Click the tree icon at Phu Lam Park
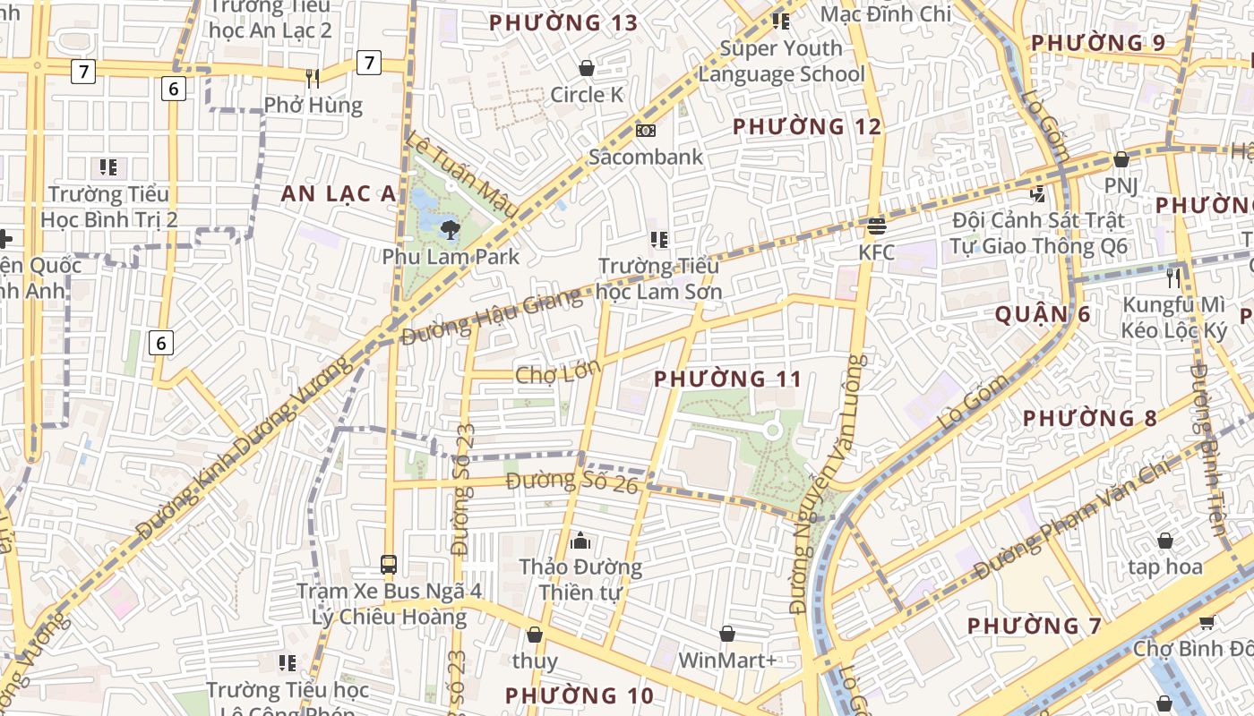pyautogui.click(x=450, y=230)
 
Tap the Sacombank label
pyautogui.click(x=646, y=157)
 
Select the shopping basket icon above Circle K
pyautogui.click(x=587, y=68)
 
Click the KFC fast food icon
pyautogui.click(x=876, y=225)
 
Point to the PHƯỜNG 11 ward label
pyautogui.click(x=727, y=379)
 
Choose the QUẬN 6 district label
pyautogui.click(x=1044, y=314)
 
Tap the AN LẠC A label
pyautogui.click(x=338, y=193)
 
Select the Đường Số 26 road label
pyautogui.click(x=571, y=482)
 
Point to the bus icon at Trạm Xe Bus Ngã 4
pyautogui.click(x=389, y=565)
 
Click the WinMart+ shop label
pyautogui.click(x=727, y=661)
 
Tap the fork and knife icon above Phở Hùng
pyautogui.click(x=313, y=79)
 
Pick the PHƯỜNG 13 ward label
pyautogui.click(x=563, y=23)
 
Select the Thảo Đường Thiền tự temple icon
pyautogui.click(x=580, y=541)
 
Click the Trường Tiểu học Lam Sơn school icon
pyautogui.click(x=659, y=239)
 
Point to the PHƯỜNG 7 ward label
pyautogui.click(x=1035, y=626)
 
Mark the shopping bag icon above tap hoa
pyautogui.click(x=1165, y=541)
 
